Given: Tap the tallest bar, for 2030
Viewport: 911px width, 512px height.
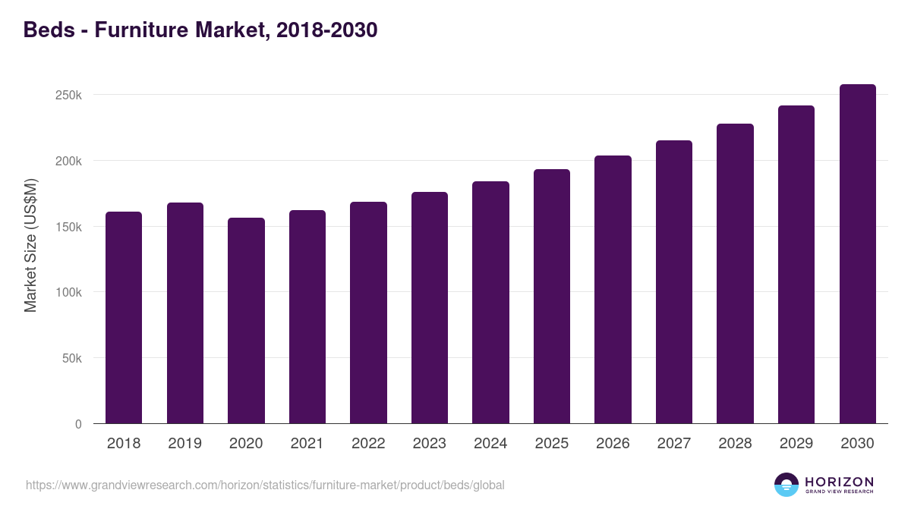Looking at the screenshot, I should click(x=857, y=253).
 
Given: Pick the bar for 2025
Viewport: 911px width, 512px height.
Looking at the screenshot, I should click(x=552, y=296).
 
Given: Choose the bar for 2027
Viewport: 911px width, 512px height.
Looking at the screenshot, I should click(x=674, y=281).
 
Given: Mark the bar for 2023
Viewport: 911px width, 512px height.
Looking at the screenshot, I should click(x=430, y=307).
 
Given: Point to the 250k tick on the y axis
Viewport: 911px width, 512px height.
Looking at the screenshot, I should click(x=68, y=96).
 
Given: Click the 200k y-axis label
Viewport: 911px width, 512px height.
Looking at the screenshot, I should click(x=68, y=161).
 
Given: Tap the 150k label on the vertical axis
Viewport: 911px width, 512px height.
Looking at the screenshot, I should click(x=68, y=227).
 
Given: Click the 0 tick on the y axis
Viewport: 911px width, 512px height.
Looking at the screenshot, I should click(x=78, y=424).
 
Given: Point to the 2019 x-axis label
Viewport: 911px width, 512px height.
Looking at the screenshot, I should click(x=184, y=444).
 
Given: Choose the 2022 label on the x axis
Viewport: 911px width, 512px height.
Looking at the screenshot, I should click(x=368, y=444).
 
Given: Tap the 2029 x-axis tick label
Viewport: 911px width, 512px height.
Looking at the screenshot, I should click(x=796, y=444).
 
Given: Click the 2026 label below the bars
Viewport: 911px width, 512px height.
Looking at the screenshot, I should click(x=613, y=444).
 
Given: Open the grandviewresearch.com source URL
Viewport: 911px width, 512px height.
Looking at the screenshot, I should click(x=265, y=485).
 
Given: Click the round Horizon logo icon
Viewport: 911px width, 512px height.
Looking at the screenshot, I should click(x=786, y=485).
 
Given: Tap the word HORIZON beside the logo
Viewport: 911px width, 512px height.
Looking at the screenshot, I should click(x=839, y=481).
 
